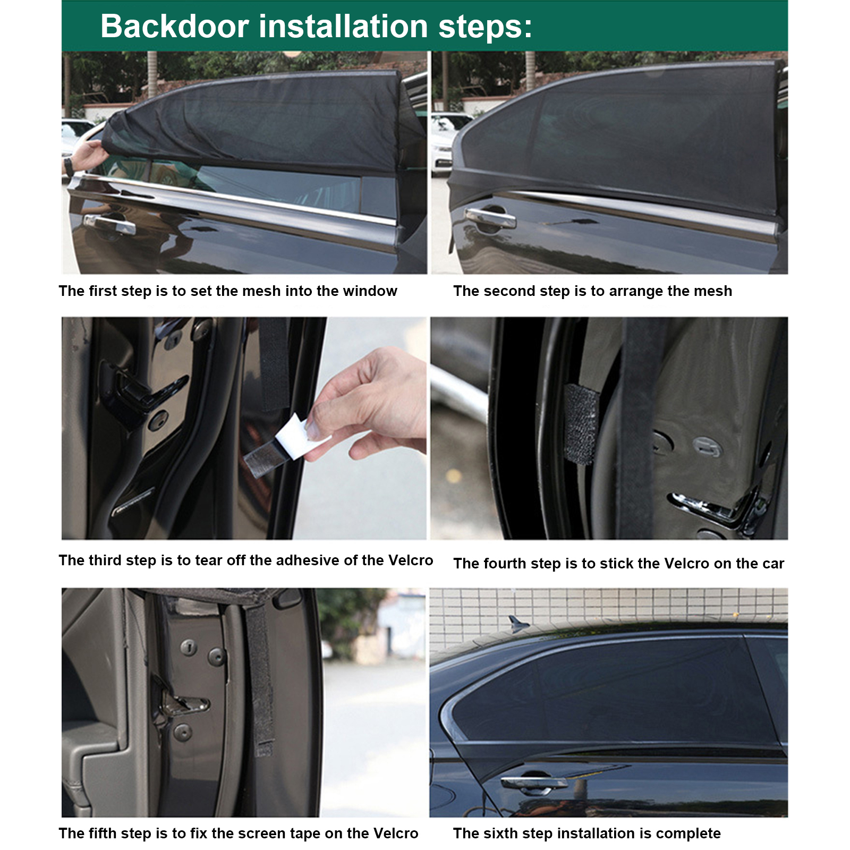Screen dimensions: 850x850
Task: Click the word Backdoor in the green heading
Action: point(175,26)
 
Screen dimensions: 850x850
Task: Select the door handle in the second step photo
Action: point(490,217)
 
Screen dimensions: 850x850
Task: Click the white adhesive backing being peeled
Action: point(303,437)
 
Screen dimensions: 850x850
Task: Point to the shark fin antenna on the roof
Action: point(518,624)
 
